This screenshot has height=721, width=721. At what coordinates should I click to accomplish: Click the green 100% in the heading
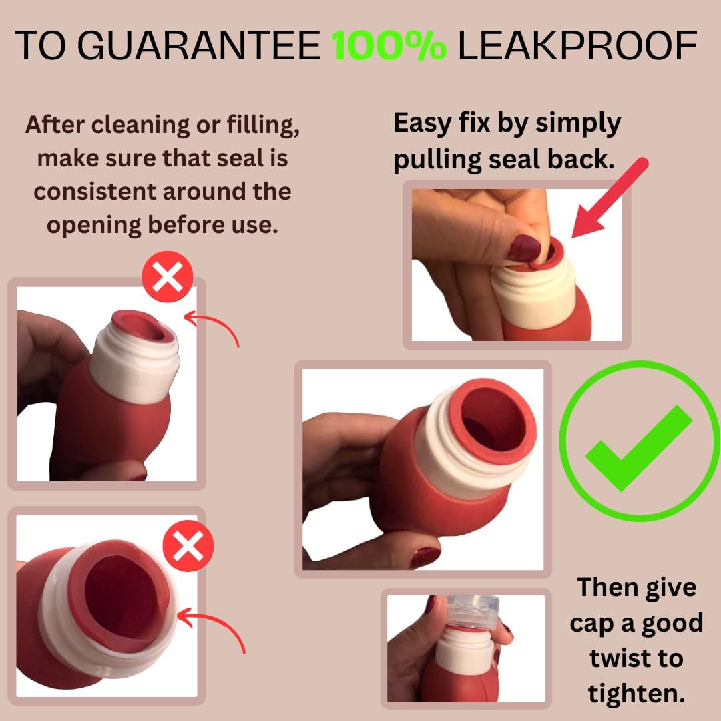[390, 46]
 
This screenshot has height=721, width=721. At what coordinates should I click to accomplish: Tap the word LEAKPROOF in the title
[577, 46]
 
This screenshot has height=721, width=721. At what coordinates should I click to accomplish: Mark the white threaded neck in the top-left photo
[136, 364]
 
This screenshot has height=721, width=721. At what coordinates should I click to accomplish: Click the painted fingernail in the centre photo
[425, 556]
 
